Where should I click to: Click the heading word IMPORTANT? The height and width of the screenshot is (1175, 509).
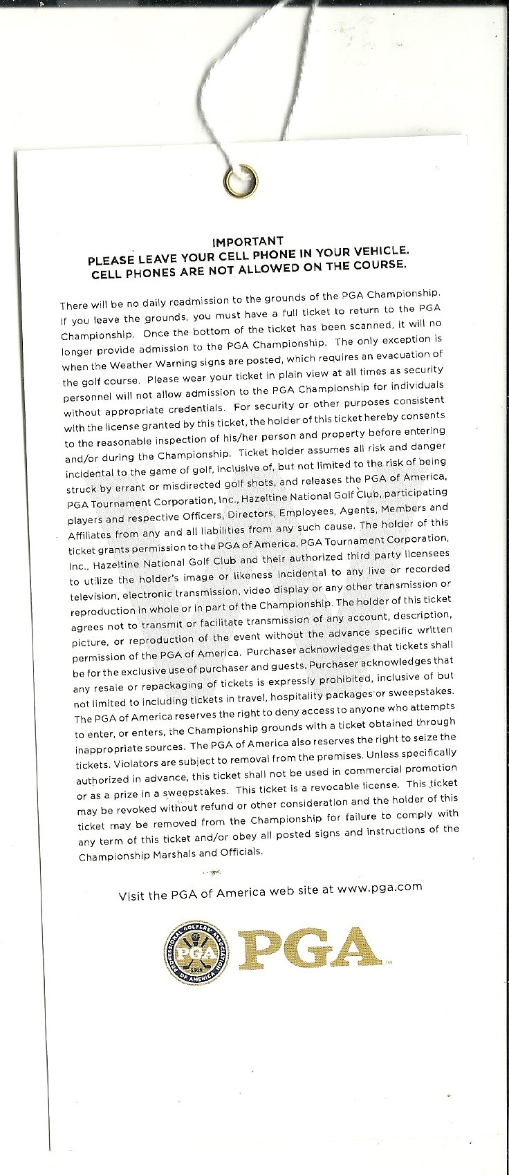click(x=247, y=241)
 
